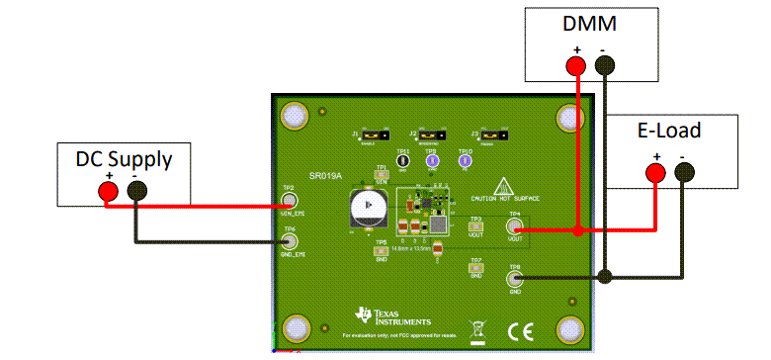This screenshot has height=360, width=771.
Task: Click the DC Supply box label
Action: point(124,158)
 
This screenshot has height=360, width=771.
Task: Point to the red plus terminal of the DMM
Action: point(575,66)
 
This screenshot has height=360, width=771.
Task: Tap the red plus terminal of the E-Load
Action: point(654,173)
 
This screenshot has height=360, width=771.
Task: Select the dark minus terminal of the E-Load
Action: point(683,174)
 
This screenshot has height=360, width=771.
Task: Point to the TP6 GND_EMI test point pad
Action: point(289,240)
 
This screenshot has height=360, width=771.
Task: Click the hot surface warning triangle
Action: point(504,185)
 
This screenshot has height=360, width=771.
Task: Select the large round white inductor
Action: point(367,206)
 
